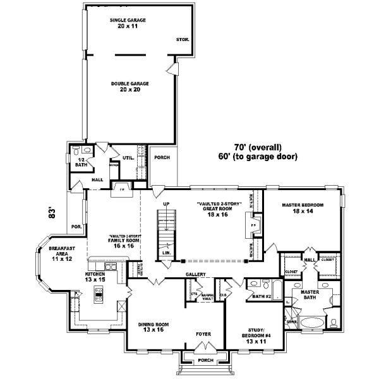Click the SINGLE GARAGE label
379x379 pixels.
[x=128, y=23]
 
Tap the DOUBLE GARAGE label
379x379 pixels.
[x=129, y=87]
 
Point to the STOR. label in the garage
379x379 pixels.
[x=183, y=39]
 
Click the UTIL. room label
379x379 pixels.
[x=127, y=158]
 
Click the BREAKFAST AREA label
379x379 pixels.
[x=62, y=254]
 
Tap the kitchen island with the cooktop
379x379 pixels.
[x=99, y=294]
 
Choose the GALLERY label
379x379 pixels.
[x=196, y=274]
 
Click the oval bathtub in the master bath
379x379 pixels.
[x=311, y=322]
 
